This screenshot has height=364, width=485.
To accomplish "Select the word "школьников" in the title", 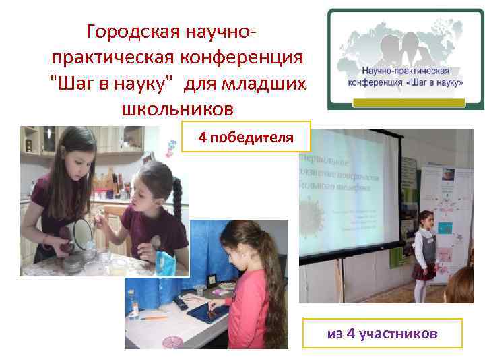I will click(177, 108).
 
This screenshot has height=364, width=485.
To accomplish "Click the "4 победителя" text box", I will click(246, 138).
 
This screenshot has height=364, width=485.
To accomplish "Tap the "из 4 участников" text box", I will click(382, 334).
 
